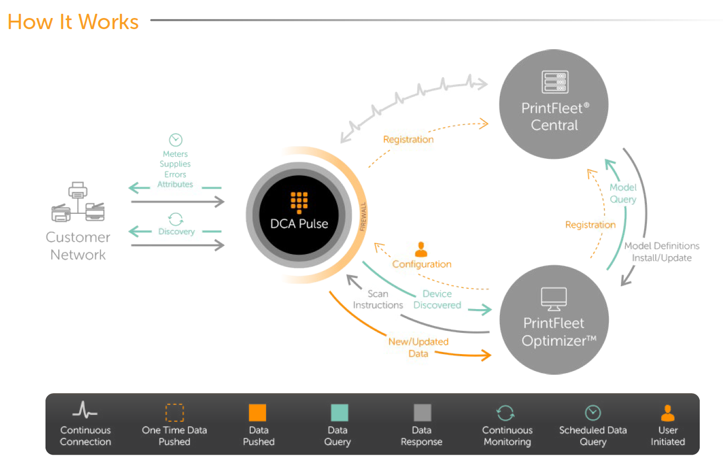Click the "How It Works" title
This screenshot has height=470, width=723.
point(73,22)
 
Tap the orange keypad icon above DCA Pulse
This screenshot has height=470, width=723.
point(299,202)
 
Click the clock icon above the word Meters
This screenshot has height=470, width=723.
point(175,140)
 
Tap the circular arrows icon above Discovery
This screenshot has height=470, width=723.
point(176,219)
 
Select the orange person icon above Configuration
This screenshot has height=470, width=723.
point(421,249)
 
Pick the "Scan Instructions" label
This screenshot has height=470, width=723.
point(378,300)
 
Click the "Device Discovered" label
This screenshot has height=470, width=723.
point(437,300)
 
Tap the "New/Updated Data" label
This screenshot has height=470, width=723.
point(418,347)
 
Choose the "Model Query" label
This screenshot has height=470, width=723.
point(623,193)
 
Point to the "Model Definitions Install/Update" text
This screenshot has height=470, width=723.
point(662,252)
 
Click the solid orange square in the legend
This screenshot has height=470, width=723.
point(258,413)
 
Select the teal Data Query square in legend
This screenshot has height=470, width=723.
point(339,413)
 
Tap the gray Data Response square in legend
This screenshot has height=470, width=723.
point(422,413)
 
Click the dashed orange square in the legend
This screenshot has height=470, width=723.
point(174,413)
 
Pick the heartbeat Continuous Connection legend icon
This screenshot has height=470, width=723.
point(85,410)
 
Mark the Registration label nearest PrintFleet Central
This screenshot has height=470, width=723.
point(408,140)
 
